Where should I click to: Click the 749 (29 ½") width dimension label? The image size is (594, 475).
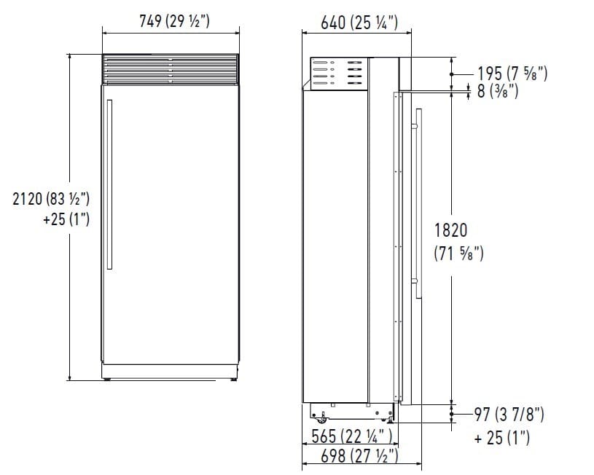(174, 21)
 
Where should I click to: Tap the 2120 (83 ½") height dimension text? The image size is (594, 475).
(51, 197)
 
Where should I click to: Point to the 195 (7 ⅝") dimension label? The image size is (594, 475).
(512, 73)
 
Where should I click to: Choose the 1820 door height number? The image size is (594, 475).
(450, 230)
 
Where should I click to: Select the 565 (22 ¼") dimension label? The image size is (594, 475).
(348, 437)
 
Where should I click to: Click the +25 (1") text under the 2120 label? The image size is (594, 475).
(66, 219)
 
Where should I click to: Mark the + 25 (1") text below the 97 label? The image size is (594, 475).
(501, 438)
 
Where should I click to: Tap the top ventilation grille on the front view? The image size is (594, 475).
(171, 70)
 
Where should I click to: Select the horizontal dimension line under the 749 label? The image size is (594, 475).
(171, 32)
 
